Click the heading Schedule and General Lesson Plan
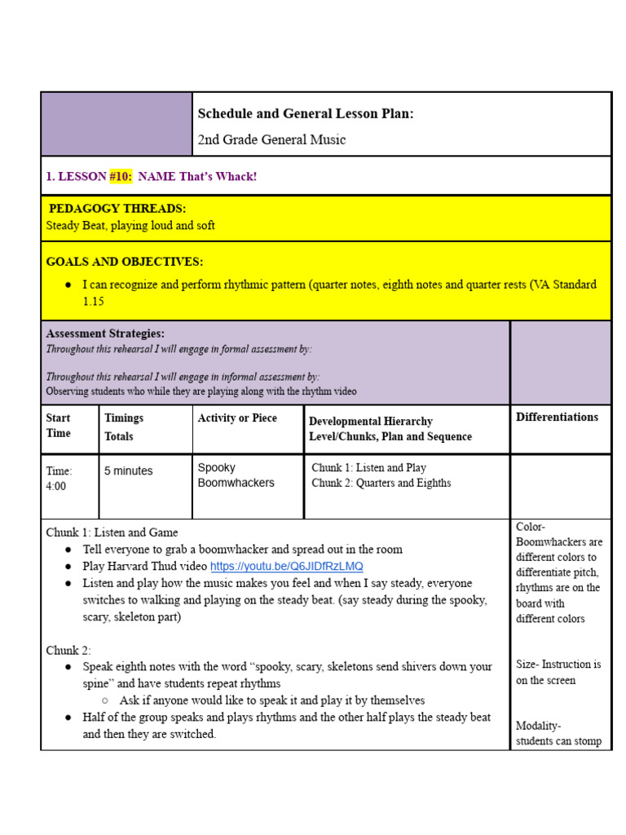click(306, 114)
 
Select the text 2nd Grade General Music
click(271, 140)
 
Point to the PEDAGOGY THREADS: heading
click(117, 209)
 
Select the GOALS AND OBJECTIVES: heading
click(125, 262)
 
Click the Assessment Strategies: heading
click(105, 334)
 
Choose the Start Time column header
click(59, 426)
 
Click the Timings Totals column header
click(123, 427)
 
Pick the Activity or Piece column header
click(237, 418)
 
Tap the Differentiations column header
click(557, 417)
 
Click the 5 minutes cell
click(128, 471)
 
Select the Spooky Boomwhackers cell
click(236, 475)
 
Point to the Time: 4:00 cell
click(59, 479)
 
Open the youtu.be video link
click(287, 566)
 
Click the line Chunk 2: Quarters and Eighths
click(381, 483)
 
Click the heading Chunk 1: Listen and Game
click(112, 532)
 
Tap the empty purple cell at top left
click(117, 124)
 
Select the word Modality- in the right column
click(538, 726)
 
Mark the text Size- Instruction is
click(558, 665)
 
